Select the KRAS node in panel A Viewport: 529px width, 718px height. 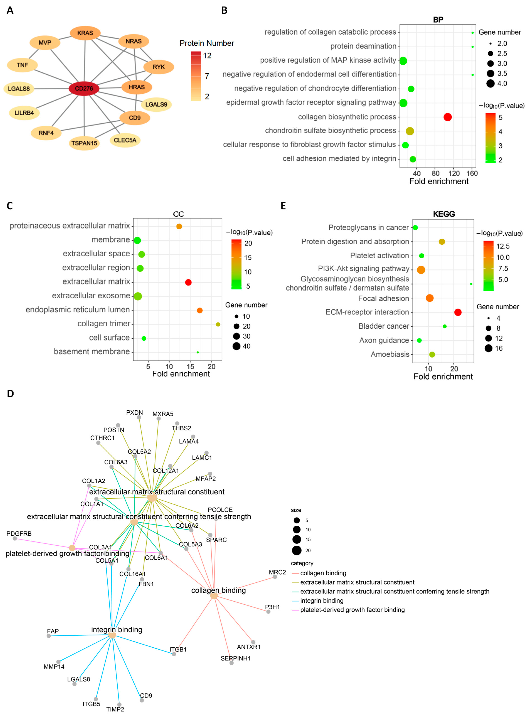pos(85,33)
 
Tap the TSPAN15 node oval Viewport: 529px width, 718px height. pos(84,143)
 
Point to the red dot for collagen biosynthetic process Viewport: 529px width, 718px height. pos(447,117)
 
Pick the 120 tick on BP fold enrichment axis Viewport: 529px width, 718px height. pos(454,173)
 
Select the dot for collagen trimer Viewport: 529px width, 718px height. pos(218,325)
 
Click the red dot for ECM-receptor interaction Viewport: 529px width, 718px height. pos(458,312)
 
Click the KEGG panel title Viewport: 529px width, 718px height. pos(444,214)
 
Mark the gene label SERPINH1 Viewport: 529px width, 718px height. pos(236,658)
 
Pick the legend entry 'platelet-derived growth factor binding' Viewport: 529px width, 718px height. pos(352,610)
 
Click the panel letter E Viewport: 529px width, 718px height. pos(283,206)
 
